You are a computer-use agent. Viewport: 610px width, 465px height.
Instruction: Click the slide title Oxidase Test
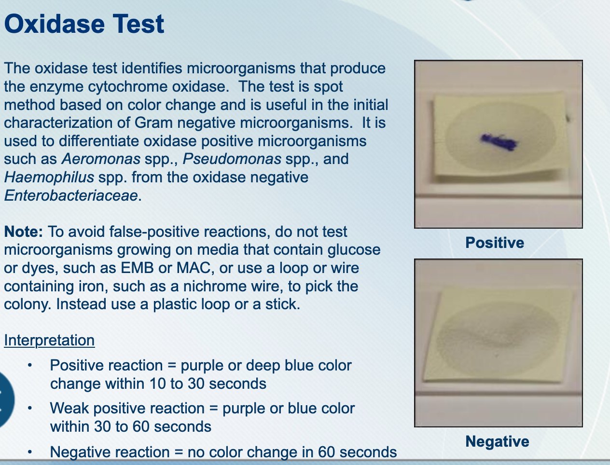84,24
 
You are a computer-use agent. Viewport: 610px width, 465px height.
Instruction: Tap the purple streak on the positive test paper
499,142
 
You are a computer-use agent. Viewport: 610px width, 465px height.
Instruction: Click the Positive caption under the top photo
495,243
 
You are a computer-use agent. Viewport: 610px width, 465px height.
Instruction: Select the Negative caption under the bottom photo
497,441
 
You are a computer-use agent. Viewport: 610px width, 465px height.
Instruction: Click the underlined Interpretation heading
49,340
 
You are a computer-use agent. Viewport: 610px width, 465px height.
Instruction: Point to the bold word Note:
23,232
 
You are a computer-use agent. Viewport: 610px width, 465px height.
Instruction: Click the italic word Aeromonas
101,159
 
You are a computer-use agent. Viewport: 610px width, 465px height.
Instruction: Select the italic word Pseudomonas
232,159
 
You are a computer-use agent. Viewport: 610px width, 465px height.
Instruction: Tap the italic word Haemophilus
49,178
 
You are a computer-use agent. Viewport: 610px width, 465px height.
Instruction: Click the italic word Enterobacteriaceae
71,195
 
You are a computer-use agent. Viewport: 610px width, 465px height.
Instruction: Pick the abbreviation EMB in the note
137,268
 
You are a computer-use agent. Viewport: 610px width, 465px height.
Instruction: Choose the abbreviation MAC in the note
193,268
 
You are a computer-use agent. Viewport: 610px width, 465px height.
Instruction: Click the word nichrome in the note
215,286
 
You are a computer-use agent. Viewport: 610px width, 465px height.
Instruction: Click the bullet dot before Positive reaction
30,365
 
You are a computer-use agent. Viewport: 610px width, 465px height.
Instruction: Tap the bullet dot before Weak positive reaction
30,409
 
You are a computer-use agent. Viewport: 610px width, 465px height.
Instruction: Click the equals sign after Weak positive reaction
213,409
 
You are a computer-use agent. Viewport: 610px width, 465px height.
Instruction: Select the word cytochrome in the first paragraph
128,87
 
